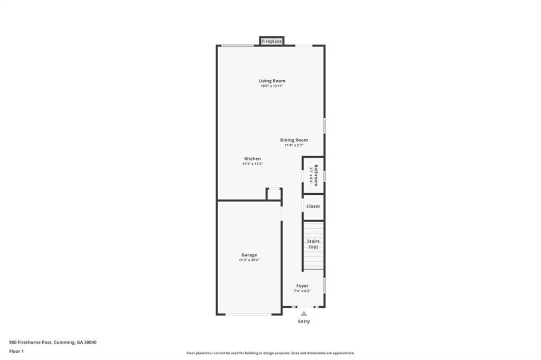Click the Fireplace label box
pyautogui.click(x=272, y=41)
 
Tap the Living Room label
pyautogui.click(x=272, y=81)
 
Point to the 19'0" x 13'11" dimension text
pyautogui.click(x=272, y=86)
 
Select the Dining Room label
pyautogui.click(x=294, y=140)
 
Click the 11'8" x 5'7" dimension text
pyautogui.click(x=294, y=145)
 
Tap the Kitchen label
pyautogui.click(x=252, y=158)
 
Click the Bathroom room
pyautogui.click(x=313, y=175)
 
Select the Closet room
pyautogui.click(x=313, y=206)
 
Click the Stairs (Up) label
pyautogui.click(x=313, y=244)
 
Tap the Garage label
pyautogui.click(x=249, y=254)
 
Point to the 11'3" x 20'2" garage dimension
pyautogui.click(x=249, y=260)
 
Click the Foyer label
pyautogui.click(x=302, y=286)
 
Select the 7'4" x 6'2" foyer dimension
pyautogui.click(x=302, y=291)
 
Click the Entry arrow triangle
pyautogui.click(x=304, y=314)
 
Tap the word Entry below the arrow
pyautogui.click(x=304, y=321)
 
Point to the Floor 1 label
pyautogui.click(x=17, y=351)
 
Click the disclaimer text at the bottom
pyautogui.click(x=270, y=353)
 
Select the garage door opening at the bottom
pyautogui.click(x=248, y=314)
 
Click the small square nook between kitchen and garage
pyautogui.click(x=274, y=194)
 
